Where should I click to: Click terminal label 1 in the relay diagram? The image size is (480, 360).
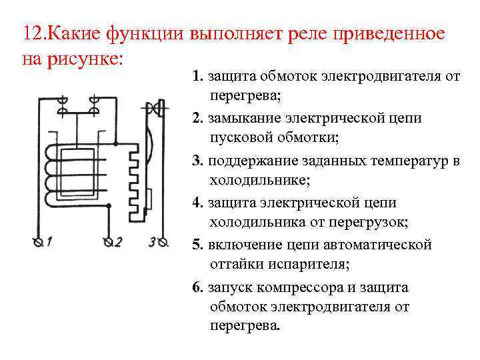click(x=48, y=242)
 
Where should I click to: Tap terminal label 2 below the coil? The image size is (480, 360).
click(x=118, y=242)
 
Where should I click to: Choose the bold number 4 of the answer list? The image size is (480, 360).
click(x=197, y=203)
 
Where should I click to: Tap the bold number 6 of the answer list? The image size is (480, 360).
click(x=197, y=287)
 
